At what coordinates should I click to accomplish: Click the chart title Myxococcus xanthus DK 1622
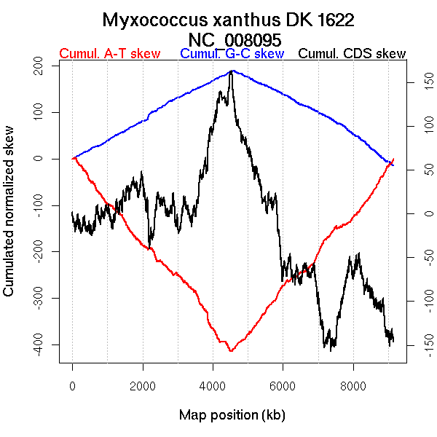pos(229,20)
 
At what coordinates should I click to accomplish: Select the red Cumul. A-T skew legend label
pos(109,54)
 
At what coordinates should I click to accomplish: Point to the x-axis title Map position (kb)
pos(232,416)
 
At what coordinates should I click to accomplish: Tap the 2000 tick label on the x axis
pos(143,386)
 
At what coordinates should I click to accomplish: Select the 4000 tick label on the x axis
pos(213,386)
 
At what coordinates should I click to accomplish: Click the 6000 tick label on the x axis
pos(283,386)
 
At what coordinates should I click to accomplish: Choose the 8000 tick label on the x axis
pos(353,386)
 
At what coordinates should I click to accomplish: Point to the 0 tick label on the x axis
pos(73,386)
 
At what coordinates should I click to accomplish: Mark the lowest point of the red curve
pos(231,351)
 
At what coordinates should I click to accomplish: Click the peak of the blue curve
pos(232,71)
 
